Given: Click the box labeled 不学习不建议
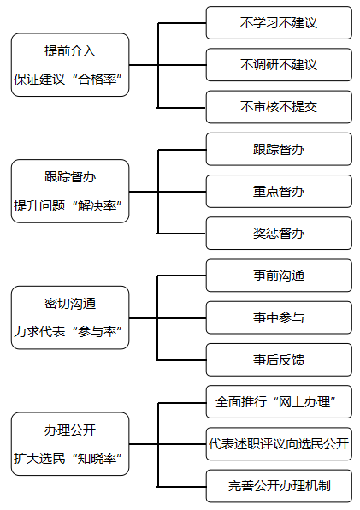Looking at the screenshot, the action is click(279, 23).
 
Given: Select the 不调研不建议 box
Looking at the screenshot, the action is click(279, 65).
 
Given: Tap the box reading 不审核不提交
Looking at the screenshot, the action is click(279, 107).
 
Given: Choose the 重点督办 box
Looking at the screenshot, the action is click(279, 192).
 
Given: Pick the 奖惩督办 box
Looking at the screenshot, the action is click(279, 234).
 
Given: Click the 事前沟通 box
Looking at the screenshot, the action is click(279, 276).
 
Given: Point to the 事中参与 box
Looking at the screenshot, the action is click(279, 317).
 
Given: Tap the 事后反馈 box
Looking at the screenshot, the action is click(279, 359).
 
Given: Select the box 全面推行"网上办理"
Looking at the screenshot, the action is click(279, 401).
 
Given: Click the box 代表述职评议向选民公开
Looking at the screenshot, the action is click(279, 444).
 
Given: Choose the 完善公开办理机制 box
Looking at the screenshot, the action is click(279, 486).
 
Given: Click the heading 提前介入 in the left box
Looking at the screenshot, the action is click(70, 51).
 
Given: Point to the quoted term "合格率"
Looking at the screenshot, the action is click(97, 80).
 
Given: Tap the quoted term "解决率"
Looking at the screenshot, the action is click(97, 205).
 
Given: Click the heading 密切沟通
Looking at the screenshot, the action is click(70, 304).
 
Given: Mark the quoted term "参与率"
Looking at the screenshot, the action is click(97, 332).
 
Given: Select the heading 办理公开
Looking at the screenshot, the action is click(70, 430).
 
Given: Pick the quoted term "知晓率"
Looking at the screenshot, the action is click(97, 459).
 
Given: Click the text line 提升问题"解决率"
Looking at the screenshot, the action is click(68, 205).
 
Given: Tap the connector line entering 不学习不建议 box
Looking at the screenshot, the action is click(182, 23).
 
